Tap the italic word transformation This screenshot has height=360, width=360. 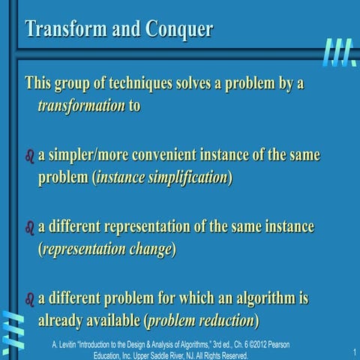click(81, 106)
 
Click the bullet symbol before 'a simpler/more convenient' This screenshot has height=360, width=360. click(30, 157)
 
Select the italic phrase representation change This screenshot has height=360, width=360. click(107, 249)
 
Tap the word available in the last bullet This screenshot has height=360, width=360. click(109, 320)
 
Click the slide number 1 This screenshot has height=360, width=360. click(352, 353)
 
